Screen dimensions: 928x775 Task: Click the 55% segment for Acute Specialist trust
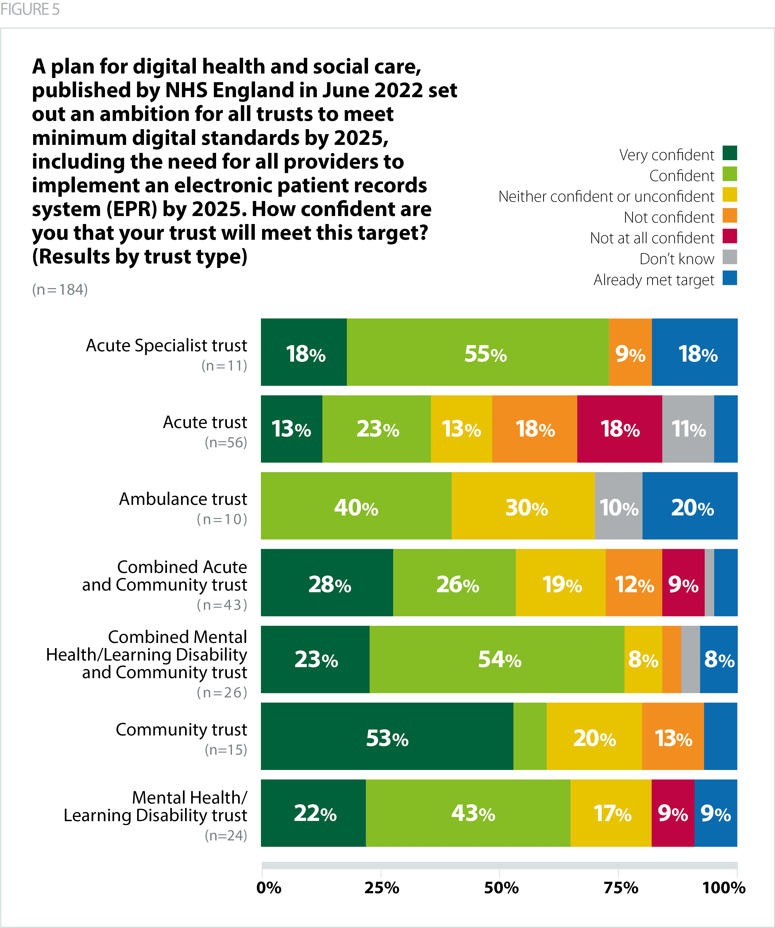(x=477, y=352)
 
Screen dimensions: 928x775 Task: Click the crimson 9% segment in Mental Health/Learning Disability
(x=673, y=813)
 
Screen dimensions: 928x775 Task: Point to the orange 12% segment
(x=634, y=582)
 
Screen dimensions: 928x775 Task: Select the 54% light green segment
(x=497, y=659)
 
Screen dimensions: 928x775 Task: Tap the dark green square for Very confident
(x=729, y=153)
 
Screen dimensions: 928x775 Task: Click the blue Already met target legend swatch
(x=729, y=278)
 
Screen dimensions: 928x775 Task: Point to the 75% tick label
(x=621, y=888)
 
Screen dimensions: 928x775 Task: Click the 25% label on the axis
(x=381, y=888)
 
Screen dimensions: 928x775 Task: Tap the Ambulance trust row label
(x=183, y=499)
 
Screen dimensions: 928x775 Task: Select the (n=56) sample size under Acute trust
(x=226, y=442)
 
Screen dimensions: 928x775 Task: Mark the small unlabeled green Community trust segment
(x=530, y=736)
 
